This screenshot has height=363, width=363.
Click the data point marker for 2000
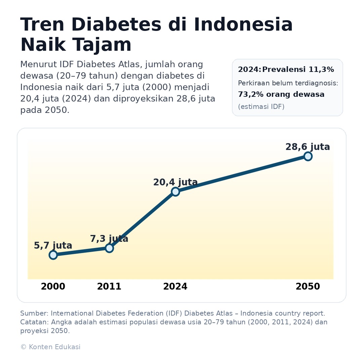click(x=53, y=255)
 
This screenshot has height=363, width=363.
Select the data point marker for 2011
click(x=109, y=248)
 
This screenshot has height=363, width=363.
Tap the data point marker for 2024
click(x=175, y=192)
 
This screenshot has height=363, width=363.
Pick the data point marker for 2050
click(x=308, y=156)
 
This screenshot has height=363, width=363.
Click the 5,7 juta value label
click(x=53, y=246)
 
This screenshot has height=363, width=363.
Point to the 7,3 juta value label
click(x=109, y=239)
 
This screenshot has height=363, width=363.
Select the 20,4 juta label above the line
click(x=175, y=182)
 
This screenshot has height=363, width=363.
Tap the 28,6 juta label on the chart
click(x=308, y=147)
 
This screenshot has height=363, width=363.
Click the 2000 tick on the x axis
click(x=53, y=287)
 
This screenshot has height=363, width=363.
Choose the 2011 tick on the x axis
click(x=109, y=287)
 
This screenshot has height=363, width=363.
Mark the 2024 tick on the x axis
click(x=175, y=287)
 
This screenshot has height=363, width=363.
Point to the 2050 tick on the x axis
click(x=308, y=287)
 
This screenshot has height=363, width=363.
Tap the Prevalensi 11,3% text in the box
click(x=298, y=70)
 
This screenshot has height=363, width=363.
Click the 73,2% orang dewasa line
click(x=281, y=94)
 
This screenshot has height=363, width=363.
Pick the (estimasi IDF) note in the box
click(x=261, y=107)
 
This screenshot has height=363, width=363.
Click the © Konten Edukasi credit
click(x=50, y=347)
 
